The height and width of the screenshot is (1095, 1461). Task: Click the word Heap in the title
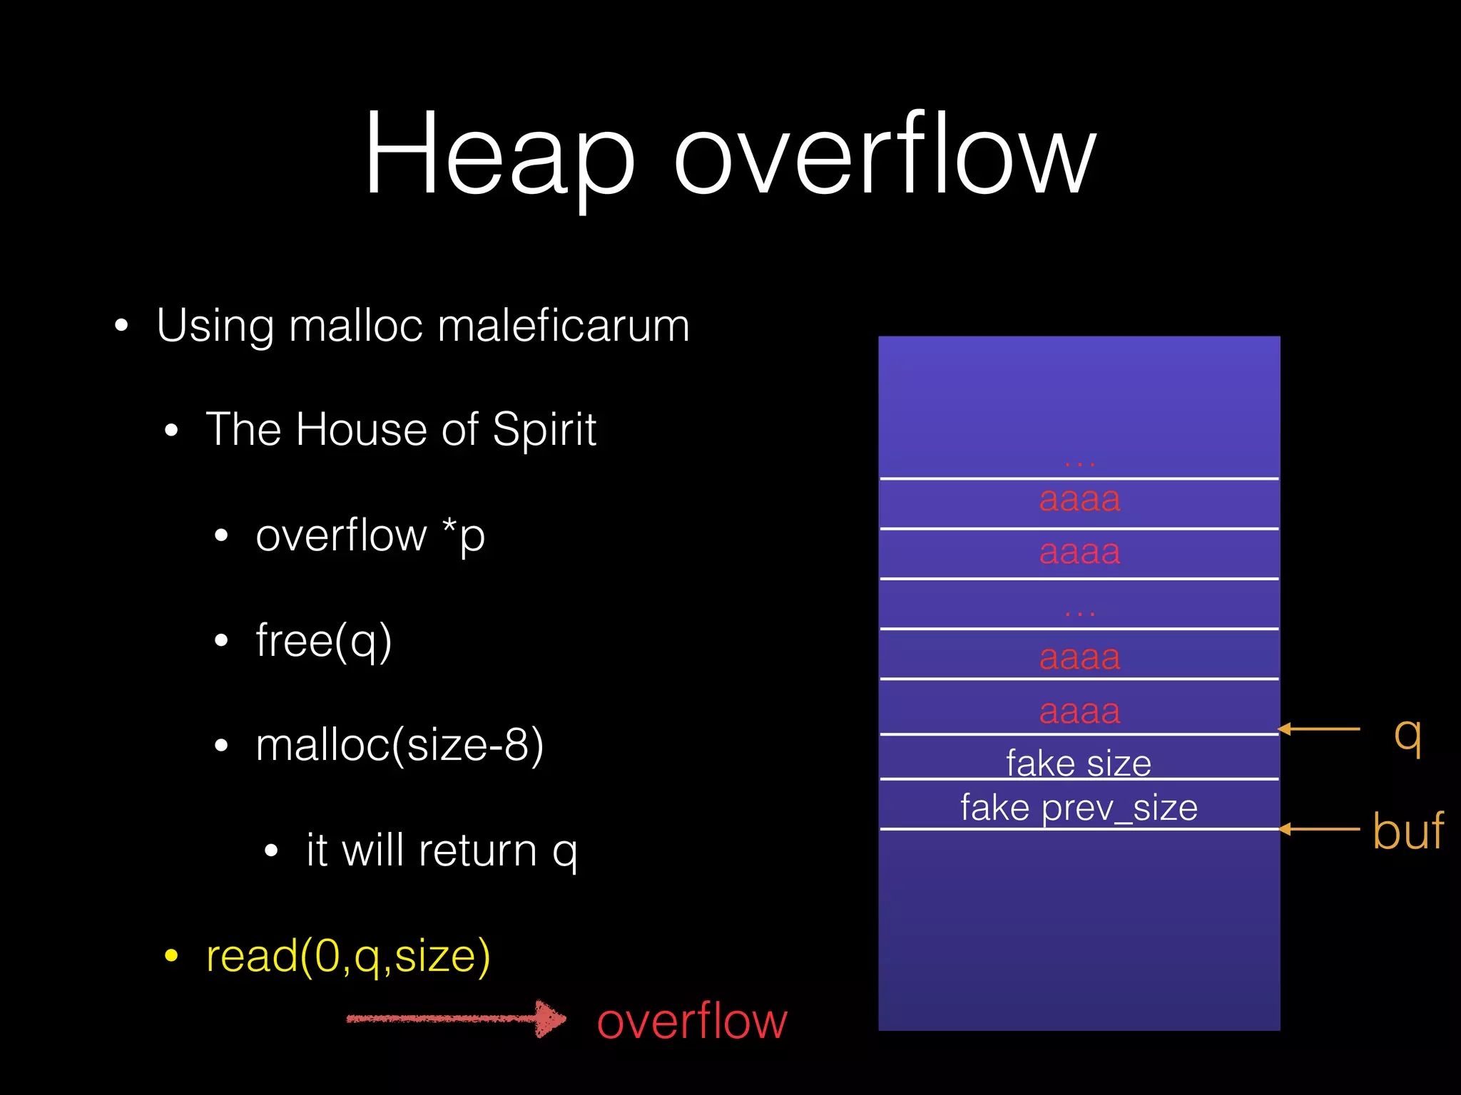(x=499, y=153)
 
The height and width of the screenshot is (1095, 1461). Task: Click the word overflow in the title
(x=885, y=153)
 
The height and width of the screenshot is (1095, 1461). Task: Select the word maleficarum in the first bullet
(x=563, y=326)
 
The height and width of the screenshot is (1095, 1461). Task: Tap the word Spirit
(x=544, y=430)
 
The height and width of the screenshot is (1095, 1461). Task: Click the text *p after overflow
(x=464, y=535)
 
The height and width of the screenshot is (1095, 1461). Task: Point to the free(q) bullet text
(x=324, y=641)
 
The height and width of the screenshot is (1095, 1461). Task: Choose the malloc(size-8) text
(x=399, y=746)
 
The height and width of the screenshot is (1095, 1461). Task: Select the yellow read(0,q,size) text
(x=348, y=956)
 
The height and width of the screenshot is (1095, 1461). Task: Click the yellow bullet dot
(x=171, y=956)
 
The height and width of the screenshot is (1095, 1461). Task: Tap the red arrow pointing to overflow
(x=457, y=1019)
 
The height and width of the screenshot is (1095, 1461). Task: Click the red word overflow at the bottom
(x=692, y=1021)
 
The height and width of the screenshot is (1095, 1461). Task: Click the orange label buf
(x=1407, y=831)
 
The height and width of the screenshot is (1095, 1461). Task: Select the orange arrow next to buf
(x=1320, y=829)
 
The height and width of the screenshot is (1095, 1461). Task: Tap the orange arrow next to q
(x=1320, y=729)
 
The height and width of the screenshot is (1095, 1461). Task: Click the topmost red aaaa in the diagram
(x=1079, y=499)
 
